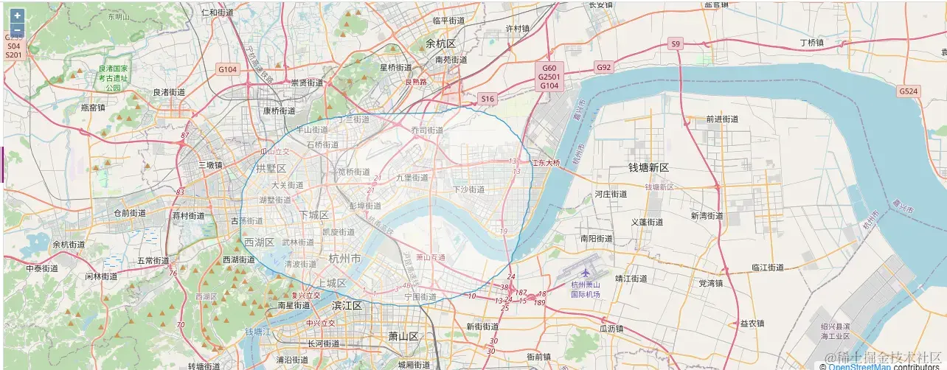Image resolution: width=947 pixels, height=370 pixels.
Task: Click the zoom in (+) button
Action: point(17,15)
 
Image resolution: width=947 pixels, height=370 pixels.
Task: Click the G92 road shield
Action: point(604,67)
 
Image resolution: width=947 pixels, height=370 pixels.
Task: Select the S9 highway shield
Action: point(676,44)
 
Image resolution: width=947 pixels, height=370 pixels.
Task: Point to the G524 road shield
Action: point(908,91)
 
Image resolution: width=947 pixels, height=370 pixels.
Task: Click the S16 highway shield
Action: point(488,98)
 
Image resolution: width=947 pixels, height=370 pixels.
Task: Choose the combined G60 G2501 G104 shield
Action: point(549,77)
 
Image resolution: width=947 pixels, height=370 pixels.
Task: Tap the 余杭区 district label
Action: point(441,44)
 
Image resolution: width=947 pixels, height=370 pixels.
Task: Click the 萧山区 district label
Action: point(403,336)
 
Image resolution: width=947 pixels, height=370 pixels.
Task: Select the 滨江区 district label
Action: point(347,305)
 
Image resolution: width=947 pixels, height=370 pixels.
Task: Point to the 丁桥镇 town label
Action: point(822,43)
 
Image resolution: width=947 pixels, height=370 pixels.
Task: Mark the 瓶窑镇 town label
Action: point(93,108)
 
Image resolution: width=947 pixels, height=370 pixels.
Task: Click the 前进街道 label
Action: point(722,119)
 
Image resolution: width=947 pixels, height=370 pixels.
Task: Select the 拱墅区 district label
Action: point(271,169)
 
